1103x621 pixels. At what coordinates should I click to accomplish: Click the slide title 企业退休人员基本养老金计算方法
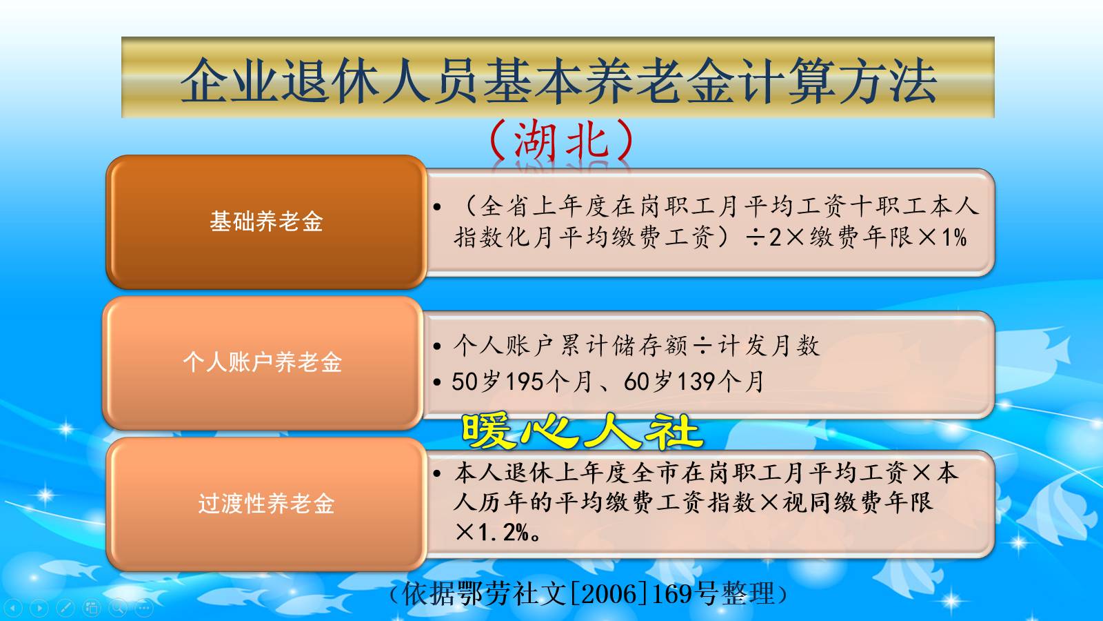558,80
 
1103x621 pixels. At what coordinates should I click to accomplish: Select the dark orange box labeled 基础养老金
266,221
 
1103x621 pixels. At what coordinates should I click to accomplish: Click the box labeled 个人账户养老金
263,362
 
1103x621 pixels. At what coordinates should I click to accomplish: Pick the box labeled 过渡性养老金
266,504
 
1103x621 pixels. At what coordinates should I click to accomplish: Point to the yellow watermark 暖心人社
581,431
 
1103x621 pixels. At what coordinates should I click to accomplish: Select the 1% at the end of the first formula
954,238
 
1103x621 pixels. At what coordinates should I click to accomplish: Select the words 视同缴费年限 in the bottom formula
858,502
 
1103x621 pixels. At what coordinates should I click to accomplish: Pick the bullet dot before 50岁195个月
437,382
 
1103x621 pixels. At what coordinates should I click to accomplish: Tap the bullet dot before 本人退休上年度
437,474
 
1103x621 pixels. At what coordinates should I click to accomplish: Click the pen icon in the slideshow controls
65,608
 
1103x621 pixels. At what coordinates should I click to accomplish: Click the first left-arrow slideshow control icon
14,608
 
